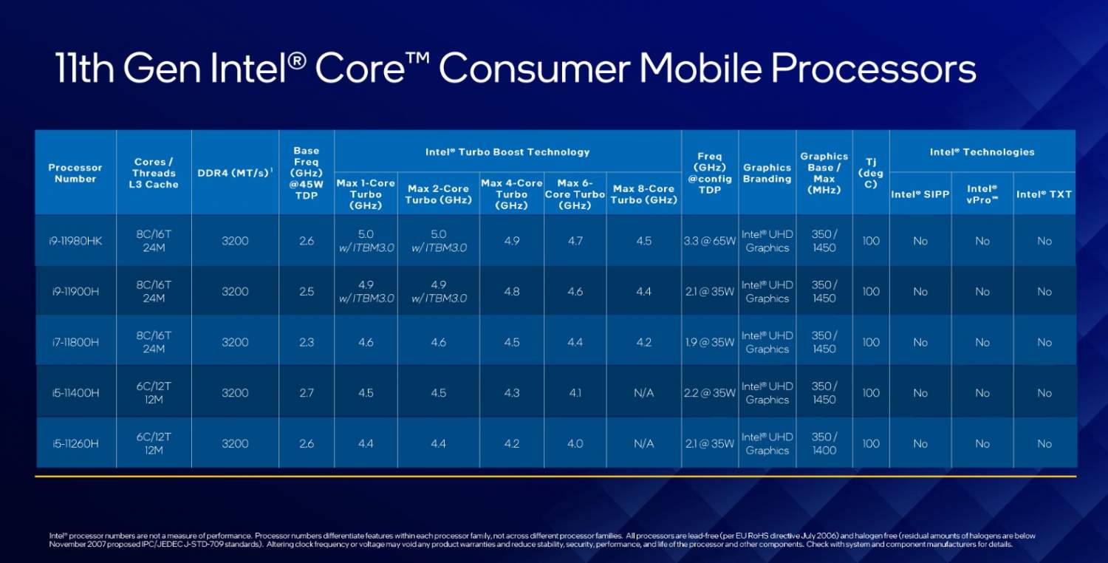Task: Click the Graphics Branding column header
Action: coord(767,173)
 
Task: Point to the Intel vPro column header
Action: coord(982,194)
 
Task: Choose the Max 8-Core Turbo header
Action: coord(643,194)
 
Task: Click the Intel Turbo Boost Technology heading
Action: coord(507,152)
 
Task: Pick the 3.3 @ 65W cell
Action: coord(709,241)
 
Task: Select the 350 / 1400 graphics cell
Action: coord(824,443)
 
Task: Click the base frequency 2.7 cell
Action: coord(307,393)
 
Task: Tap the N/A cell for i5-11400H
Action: coord(643,393)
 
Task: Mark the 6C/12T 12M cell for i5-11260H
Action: coord(154,443)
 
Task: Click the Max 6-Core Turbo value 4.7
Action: coord(575,241)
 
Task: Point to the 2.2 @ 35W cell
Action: coord(709,393)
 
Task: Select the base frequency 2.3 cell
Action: coord(307,342)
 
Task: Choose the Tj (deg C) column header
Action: coord(871,173)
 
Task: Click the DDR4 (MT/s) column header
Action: coord(235,173)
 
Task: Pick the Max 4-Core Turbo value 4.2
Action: coord(511,443)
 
